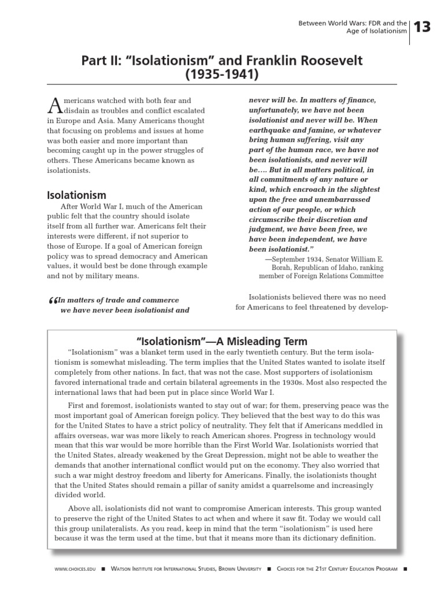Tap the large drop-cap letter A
[54, 105]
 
